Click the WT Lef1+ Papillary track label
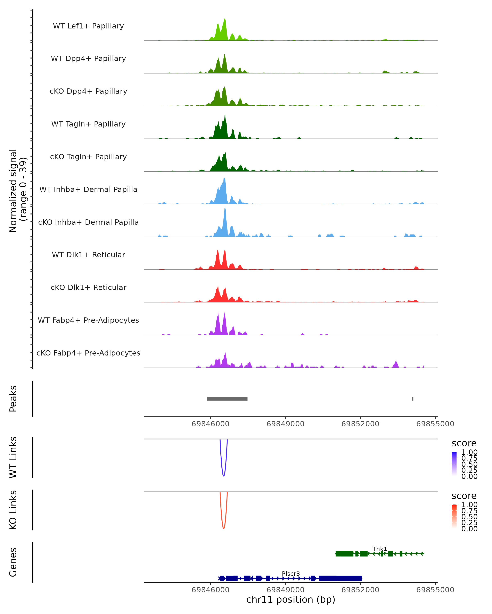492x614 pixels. click(88, 26)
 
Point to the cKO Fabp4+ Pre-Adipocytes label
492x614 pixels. click(88, 353)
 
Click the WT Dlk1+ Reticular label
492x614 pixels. click(88, 255)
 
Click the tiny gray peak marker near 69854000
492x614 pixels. click(413, 399)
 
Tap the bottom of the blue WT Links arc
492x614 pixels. click(224, 476)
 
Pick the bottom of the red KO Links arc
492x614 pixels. click(224, 528)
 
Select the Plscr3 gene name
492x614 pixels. click(291, 573)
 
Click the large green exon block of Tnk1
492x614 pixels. click(344, 554)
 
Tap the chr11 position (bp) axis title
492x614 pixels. click(291, 600)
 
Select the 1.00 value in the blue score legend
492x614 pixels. click(469, 452)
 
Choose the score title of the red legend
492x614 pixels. click(464, 496)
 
